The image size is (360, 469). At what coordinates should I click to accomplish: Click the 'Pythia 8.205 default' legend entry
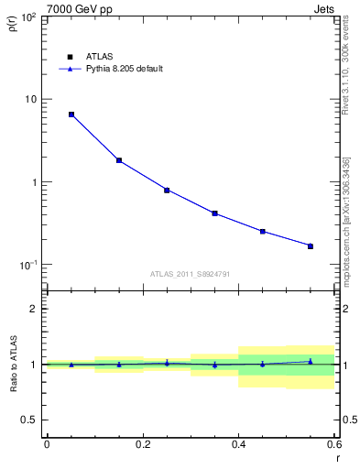(x=123, y=69)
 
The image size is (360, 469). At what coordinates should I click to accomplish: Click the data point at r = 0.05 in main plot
(x=71, y=115)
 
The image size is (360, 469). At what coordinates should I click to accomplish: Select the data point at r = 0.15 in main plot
(x=119, y=160)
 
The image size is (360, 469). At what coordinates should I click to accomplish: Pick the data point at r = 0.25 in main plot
(x=167, y=191)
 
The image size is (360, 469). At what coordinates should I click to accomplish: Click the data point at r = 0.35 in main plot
(x=214, y=213)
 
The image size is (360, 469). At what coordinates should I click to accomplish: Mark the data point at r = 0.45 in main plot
(x=263, y=232)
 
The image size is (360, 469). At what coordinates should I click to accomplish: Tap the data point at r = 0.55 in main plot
(x=311, y=245)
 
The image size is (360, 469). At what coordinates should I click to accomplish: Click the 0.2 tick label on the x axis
(x=142, y=443)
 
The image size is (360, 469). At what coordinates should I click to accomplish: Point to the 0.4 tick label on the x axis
(x=238, y=443)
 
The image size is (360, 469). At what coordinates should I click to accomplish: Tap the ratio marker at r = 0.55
(x=311, y=361)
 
